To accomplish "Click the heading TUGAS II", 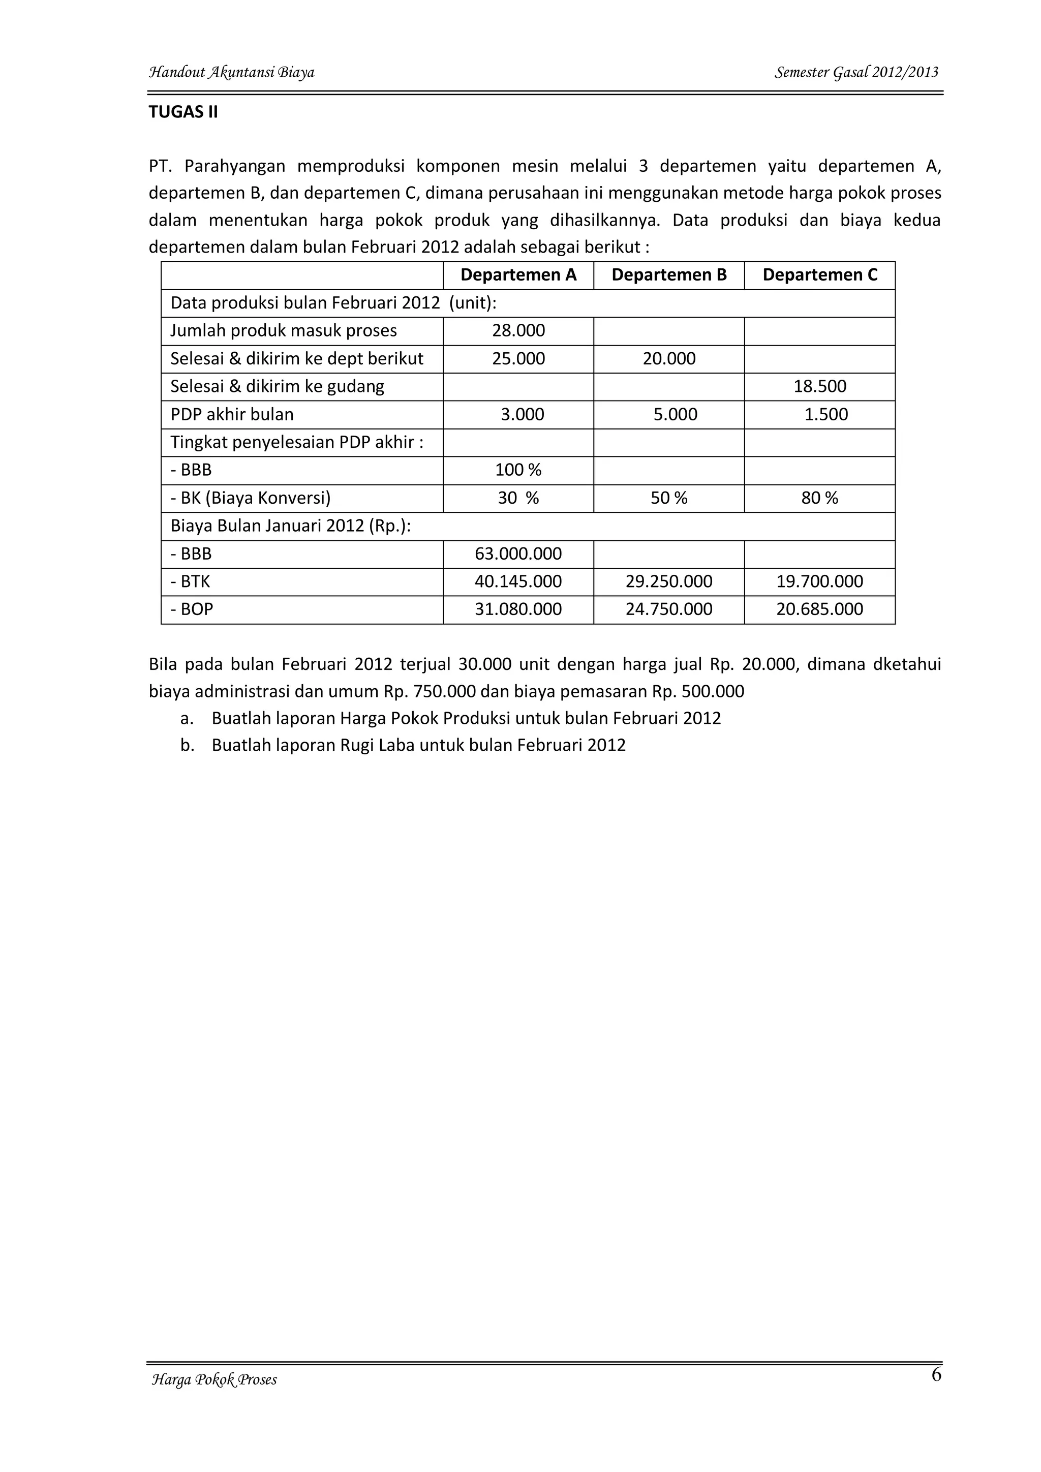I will coord(183,112).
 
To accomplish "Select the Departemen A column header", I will coord(518,275).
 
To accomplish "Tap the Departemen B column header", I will coord(668,275).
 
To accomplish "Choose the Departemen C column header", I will coord(819,275).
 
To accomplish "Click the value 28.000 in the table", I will coord(518,331).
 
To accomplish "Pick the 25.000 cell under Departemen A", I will coord(518,358).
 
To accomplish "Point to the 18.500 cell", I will coord(819,387).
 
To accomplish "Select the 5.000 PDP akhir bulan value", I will coord(675,414).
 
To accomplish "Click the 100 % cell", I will coord(518,470).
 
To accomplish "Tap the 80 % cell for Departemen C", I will coord(819,498).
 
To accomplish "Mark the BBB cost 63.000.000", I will coord(518,554).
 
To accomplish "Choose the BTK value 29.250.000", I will coord(668,581).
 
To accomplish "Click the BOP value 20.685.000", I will coord(819,609).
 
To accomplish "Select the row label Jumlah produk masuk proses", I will coord(283,331).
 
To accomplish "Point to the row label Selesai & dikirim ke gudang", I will coord(277,387).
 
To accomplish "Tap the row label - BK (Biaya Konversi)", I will coord(250,498).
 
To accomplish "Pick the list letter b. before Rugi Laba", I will coord(187,745).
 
